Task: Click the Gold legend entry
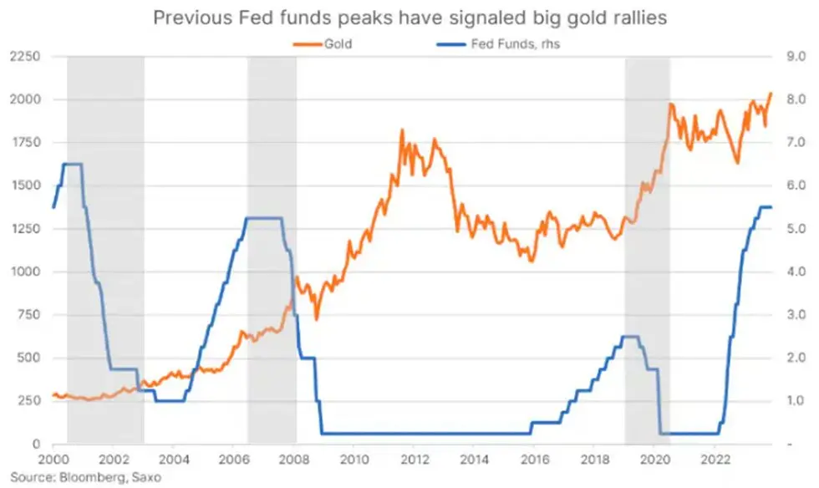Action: (x=338, y=45)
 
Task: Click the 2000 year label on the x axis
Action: (x=53, y=459)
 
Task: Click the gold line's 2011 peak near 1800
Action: (x=402, y=131)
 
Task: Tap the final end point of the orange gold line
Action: (x=771, y=93)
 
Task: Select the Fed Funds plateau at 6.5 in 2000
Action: (x=73, y=164)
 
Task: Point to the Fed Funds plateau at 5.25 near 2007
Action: (x=264, y=218)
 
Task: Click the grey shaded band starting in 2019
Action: (x=648, y=251)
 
